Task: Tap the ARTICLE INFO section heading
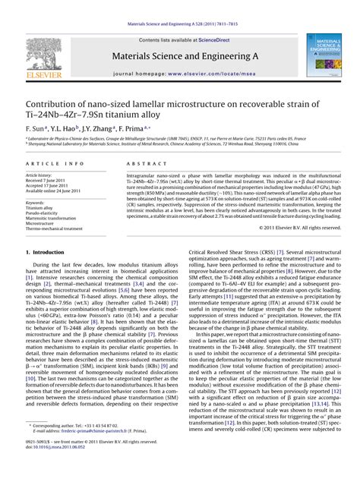55,163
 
